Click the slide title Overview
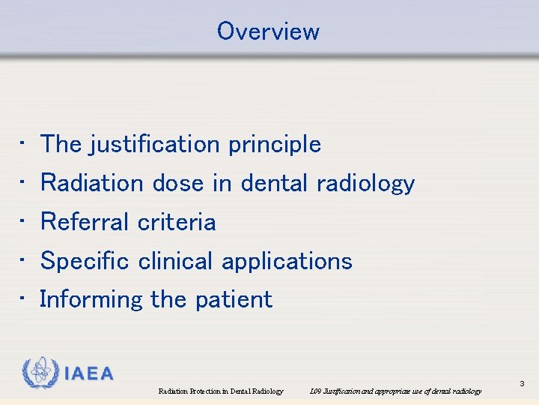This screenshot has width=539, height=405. point(268,31)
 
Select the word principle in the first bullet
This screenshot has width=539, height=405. point(275,144)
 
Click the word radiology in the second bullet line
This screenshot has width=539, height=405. point(365,183)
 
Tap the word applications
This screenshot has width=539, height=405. point(287,261)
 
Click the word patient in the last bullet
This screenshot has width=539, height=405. point(234,299)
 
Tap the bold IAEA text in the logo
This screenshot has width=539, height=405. point(88,374)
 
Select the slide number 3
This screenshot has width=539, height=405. point(523,384)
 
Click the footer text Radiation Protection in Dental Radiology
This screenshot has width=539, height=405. point(221,391)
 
